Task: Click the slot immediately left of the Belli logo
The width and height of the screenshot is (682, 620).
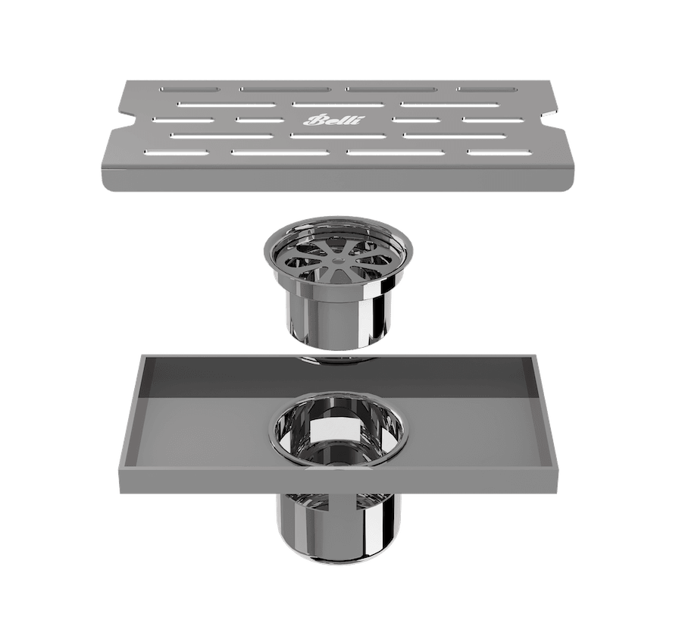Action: coord(258,120)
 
